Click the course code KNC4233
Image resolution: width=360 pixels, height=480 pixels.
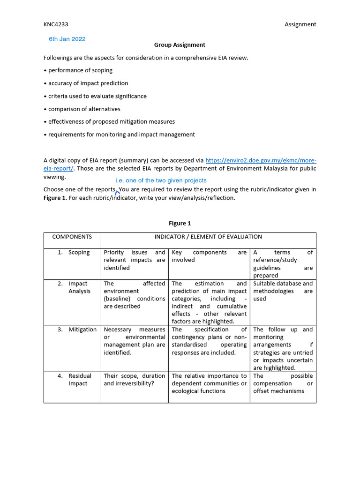coord(56,24)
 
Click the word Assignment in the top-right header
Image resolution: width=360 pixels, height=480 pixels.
coord(300,24)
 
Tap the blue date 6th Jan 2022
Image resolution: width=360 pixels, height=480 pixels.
coord(67,39)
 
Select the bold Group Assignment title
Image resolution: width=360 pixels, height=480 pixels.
coord(180,45)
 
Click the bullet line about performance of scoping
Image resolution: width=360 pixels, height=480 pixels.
coord(80,70)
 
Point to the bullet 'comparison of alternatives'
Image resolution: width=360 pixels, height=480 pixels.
coord(83,109)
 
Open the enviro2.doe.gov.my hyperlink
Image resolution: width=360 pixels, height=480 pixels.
coord(261,160)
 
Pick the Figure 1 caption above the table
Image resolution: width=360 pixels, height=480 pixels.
coord(180,224)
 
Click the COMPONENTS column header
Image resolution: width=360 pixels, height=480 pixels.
coord(72,237)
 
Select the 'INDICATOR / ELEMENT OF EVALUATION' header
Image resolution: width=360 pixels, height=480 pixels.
coord(208,237)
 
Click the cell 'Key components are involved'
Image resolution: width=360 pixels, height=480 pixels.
coord(209,256)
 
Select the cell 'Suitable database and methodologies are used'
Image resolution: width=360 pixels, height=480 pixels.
coord(283,291)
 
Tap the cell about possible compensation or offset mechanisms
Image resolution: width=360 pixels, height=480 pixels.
coord(283,383)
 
